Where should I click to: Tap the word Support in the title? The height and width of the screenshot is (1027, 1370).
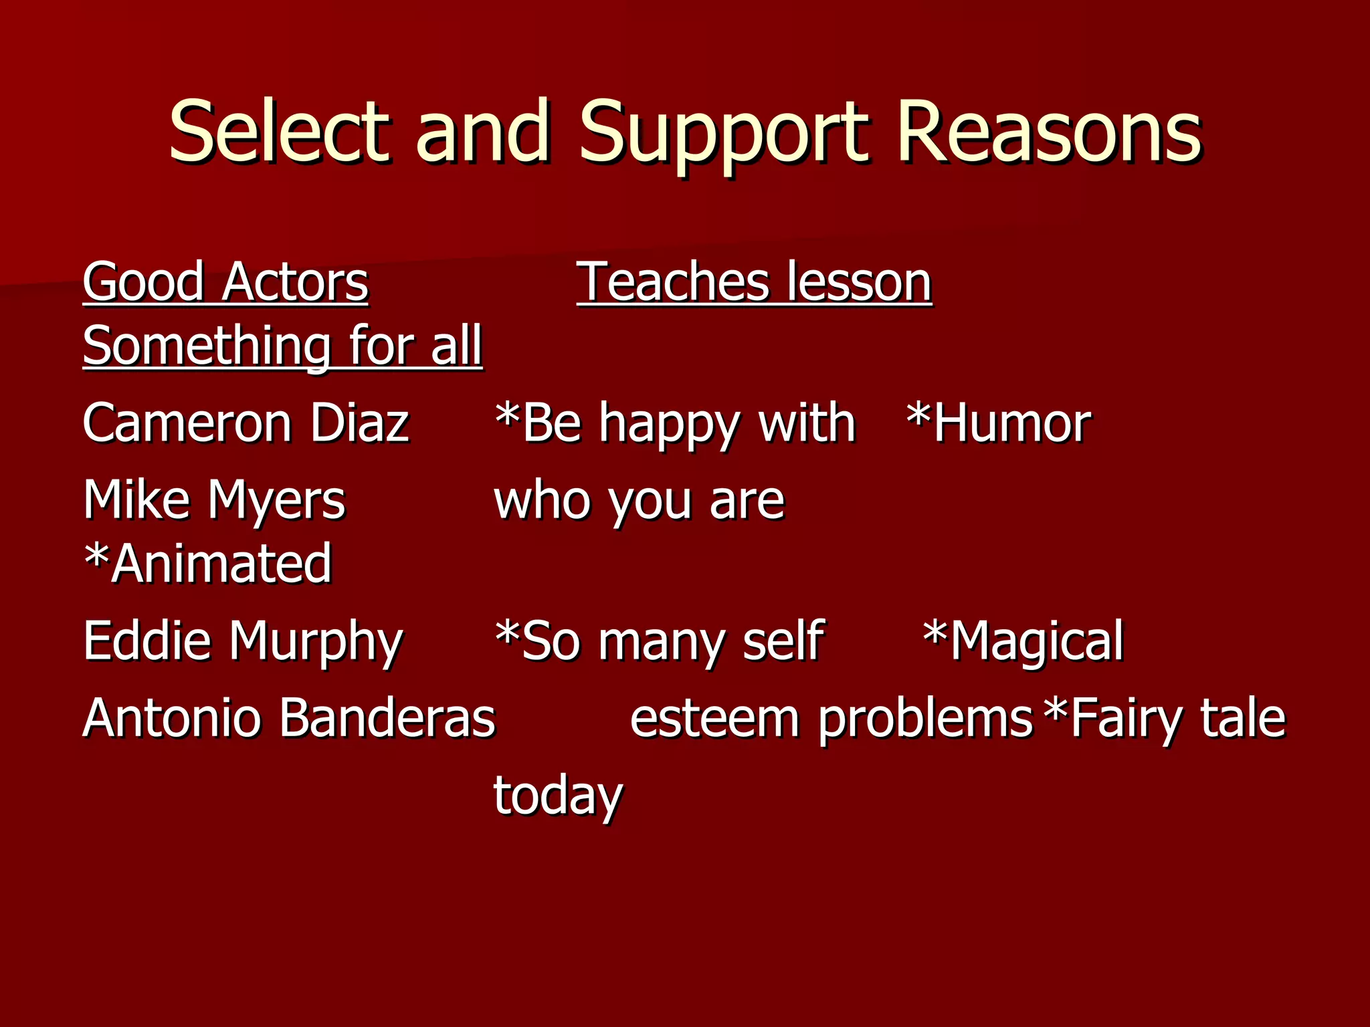(724, 132)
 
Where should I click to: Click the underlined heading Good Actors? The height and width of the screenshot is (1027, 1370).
(225, 282)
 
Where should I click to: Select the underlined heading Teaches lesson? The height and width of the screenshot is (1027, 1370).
(754, 282)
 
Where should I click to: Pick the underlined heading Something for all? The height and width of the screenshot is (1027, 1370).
(282, 346)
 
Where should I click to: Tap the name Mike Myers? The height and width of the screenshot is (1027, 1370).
(214, 499)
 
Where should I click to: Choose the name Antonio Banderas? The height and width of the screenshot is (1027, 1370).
(289, 717)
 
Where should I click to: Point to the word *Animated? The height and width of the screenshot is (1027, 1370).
(207, 563)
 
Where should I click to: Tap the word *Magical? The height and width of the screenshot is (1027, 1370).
(1023, 641)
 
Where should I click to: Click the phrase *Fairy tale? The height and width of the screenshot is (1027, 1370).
(1165, 717)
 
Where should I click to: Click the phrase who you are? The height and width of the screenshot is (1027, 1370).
(639, 500)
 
